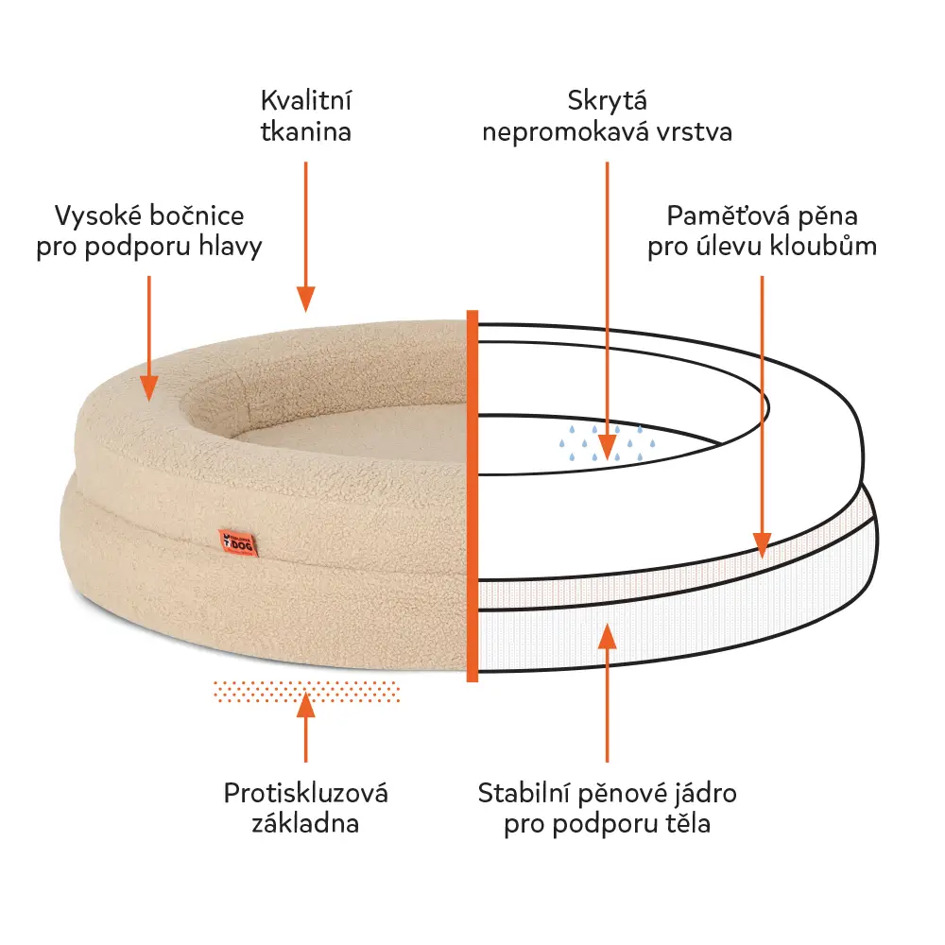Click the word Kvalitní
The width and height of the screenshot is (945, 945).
coord(305,101)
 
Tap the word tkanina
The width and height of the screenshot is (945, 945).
coord(305,132)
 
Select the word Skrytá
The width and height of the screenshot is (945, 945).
coord(607,101)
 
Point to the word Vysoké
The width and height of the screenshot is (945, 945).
coord(98,216)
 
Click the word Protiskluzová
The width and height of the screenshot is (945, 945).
coord(305,793)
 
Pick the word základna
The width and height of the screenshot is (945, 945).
coord(305,823)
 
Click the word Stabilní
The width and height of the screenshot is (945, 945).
coord(524,793)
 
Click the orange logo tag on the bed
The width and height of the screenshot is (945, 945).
coord(238,543)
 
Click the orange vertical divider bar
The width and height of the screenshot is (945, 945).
coord(472,496)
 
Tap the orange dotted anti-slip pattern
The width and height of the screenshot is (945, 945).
coord(306,692)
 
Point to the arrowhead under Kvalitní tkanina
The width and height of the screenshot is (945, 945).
coord(305,299)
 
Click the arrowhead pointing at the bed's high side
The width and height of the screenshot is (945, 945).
coord(149,388)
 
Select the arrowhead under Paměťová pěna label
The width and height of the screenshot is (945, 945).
coord(762,545)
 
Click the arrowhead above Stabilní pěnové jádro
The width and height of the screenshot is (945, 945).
coord(607,636)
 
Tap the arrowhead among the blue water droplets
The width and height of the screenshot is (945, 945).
coord(607,448)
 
